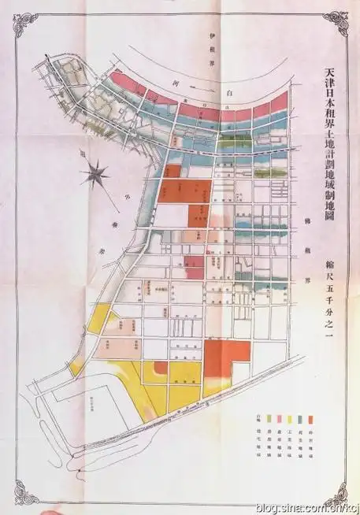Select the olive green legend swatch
coord(271,418)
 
